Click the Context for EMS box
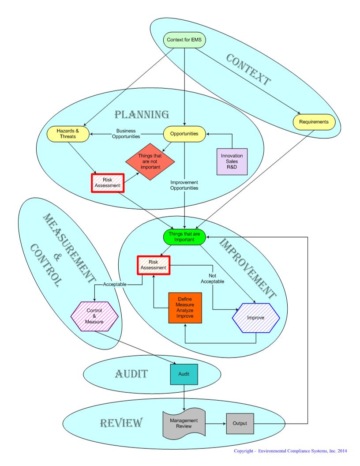tap(184, 40)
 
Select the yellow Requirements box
tap(314, 121)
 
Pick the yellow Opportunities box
tap(184, 133)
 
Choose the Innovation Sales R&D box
tap(232, 162)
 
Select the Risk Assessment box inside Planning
tap(108, 183)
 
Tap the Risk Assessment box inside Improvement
tap(154, 265)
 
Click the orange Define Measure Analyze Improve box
tap(185, 308)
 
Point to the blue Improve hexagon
tap(256, 317)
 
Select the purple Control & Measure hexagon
tap(94, 316)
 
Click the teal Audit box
tap(184, 374)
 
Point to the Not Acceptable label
tap(212, 278)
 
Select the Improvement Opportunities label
tap(184, 185)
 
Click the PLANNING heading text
tap(142, 115)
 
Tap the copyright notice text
tap(290, 451)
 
